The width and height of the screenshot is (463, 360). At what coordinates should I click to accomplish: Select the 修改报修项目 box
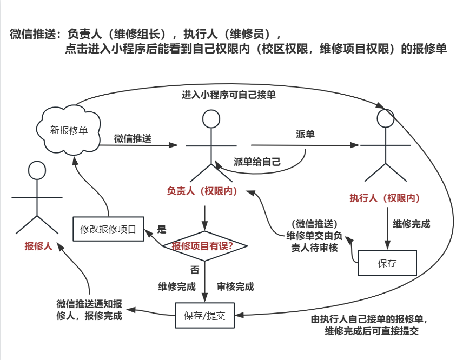click(108, 229)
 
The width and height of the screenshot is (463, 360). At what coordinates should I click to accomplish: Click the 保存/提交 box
click(205, 315)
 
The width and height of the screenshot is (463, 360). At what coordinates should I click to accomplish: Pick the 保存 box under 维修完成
click(387, 263)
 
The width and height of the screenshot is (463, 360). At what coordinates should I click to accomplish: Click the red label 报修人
click(38, 246)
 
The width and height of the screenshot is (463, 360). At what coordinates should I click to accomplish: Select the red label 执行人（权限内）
click(385, 197)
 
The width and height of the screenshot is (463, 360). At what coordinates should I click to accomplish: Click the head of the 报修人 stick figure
click(37, 170)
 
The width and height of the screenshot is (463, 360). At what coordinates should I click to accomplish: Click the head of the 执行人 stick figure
click(385, 118)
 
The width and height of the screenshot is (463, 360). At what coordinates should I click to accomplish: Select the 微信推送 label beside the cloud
click(132, 138)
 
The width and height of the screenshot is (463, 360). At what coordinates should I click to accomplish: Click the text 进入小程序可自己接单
click(229, 95)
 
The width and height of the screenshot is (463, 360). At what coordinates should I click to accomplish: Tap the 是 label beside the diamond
click(161, 229)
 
